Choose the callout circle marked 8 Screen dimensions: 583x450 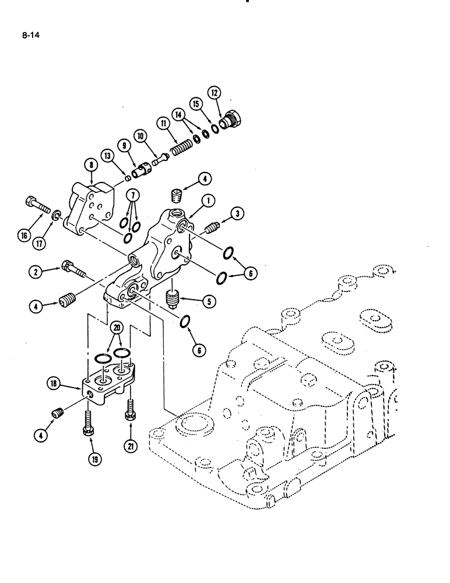click(x=92, y=166)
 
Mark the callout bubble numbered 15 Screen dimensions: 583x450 click(x=196, y=103)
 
